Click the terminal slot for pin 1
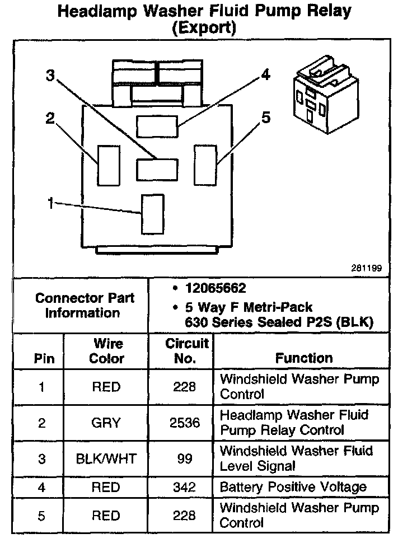coord(152,213)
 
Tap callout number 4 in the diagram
coord(265,75)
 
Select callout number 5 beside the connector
coord(266,118)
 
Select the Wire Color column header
coord(108,351)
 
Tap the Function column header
coord(304,358)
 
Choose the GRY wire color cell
coord(106,423)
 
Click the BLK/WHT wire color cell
coord(106,458)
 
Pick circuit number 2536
coord(185,423)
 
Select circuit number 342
coord(185,488)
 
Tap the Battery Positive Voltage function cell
coord(293,487)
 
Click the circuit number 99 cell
coord(185,458)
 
